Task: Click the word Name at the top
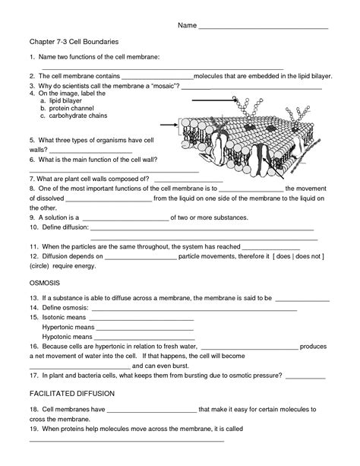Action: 187,25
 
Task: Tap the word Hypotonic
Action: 61,335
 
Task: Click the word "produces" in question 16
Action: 313,346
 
